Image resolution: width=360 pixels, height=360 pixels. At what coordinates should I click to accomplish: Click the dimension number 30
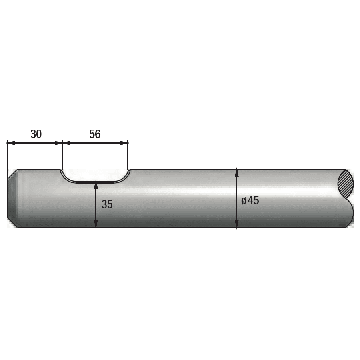pos(36,134)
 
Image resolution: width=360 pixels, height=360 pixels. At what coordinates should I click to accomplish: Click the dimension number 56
pos(95,134)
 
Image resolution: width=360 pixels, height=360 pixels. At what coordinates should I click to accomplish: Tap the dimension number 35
pos(107,204)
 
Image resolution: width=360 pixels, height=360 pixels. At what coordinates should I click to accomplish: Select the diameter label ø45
pos(250,201)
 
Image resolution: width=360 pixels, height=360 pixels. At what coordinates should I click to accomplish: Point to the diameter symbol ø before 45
pos(244,201)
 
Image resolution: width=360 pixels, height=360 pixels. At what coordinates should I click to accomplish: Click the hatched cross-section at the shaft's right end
pos(346,184)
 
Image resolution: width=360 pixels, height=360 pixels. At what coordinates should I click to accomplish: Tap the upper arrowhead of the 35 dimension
pos(96,185)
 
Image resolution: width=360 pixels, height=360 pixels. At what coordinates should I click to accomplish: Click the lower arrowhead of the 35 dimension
pos(96,224)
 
